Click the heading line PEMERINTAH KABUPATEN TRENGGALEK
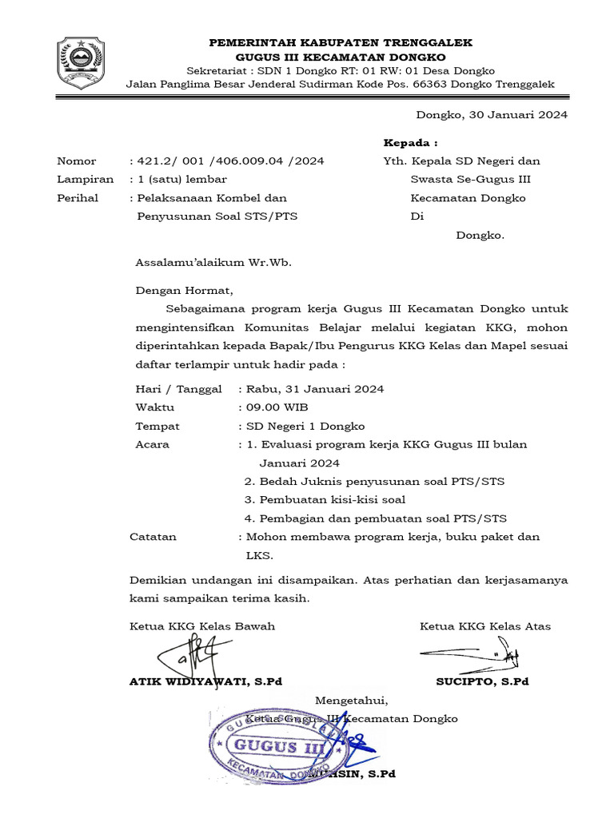click(x=341, y=42)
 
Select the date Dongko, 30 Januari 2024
click(x=492, y=115)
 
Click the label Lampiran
click(x=85, y=180)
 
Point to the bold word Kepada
click(x=411, y=143)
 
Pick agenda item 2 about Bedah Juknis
click(x=374, y=482)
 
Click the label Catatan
click(x=153, y=537)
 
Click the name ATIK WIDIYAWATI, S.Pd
click(x=205, y=682)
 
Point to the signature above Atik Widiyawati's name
click(x=189, y=656)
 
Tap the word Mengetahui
click(x=352, y=701)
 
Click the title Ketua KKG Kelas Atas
click(x=484, y=626)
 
